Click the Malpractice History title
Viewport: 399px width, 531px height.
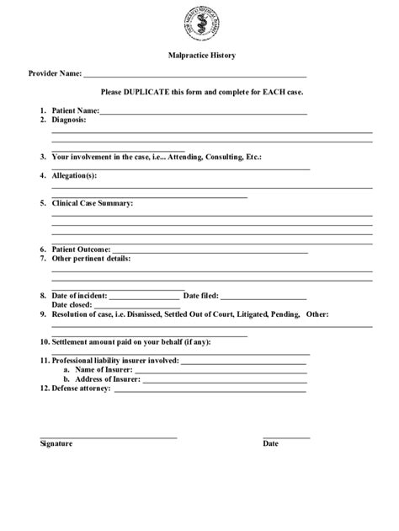(x=199, y=56)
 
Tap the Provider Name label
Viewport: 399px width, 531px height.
(x=55, y=73)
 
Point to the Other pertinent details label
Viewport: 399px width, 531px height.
(x=91, y=259)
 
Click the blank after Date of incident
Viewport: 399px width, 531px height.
(x=145, y=296)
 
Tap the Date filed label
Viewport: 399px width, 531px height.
(x=201, y=296)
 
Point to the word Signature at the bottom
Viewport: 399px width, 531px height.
(x=56, y=443)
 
